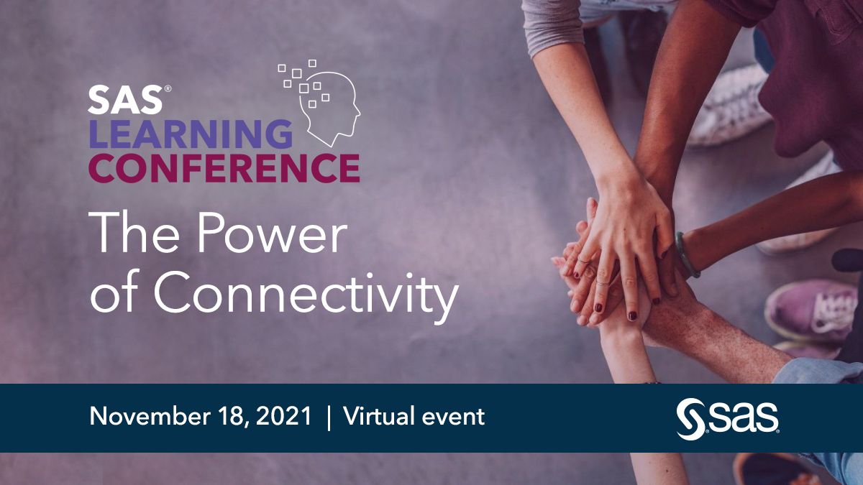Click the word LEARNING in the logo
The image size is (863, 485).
191,134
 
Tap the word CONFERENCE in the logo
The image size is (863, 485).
224,168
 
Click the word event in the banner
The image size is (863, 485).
457,417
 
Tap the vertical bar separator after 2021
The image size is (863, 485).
329,417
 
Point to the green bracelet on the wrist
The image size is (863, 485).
685,256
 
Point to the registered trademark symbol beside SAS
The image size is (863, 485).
168,89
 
